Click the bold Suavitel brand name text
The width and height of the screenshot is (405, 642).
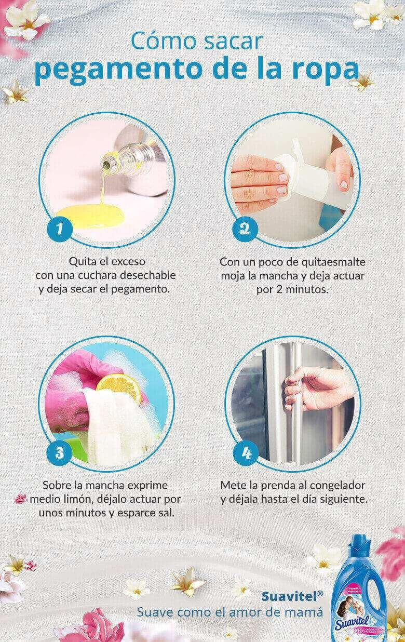(289, 595)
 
